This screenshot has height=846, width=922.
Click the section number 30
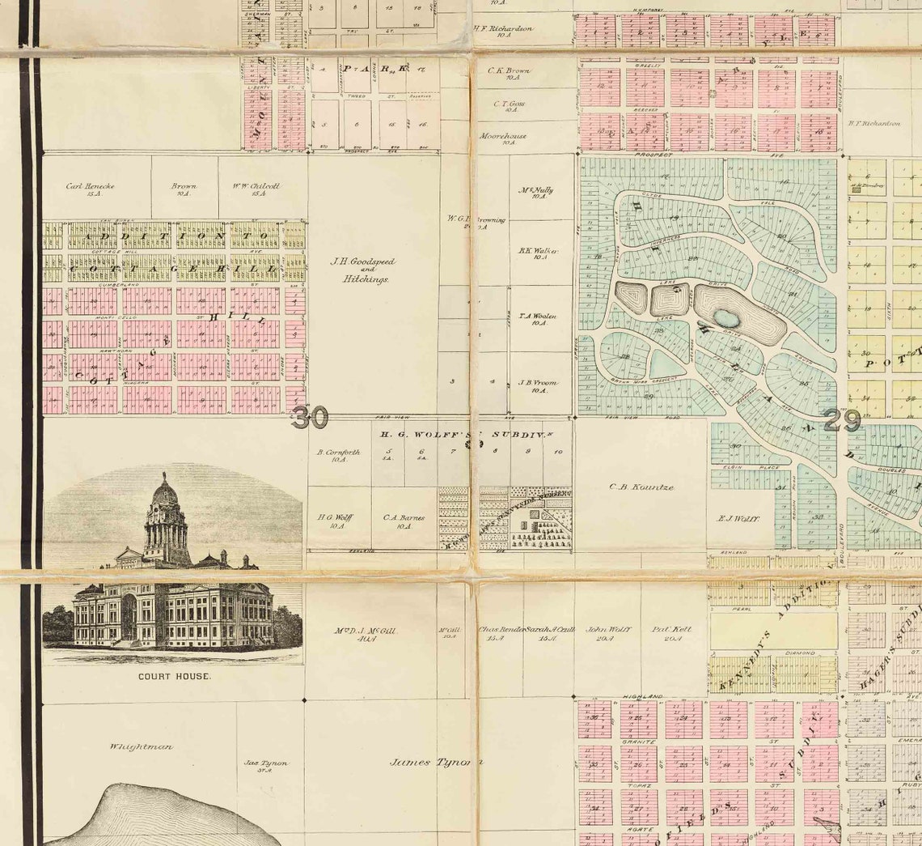311,418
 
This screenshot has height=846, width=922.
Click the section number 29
843,420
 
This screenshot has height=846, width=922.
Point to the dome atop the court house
165,491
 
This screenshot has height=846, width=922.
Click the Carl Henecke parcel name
91,189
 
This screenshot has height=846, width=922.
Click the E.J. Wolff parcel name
738,517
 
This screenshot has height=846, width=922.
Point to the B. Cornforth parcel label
338,455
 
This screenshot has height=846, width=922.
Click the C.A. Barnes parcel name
404,521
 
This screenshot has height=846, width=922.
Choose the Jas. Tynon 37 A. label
266,766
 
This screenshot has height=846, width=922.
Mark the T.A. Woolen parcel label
538,319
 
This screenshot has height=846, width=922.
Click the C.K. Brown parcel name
509,74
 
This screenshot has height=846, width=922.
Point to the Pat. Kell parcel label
671,632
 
